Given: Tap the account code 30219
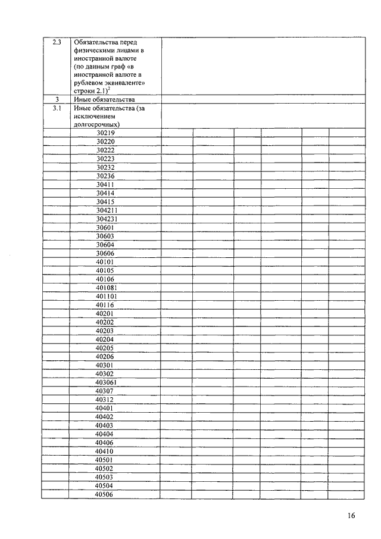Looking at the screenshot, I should (105, 133).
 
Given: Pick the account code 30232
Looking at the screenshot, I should (105, 168).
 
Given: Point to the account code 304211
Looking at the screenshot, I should (107, 210).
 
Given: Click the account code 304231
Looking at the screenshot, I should (107, 219).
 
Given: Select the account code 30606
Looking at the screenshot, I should (105, 253).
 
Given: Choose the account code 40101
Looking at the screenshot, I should (105, 262).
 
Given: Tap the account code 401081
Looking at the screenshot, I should (107, 288).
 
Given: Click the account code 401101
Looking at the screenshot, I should (107, 296).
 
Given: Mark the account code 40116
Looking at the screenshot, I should (105, 305).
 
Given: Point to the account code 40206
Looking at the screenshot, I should (105, 356).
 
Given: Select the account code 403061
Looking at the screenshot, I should (107, 382).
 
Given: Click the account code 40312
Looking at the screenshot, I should (105, 399).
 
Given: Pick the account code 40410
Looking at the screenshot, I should (105, 451).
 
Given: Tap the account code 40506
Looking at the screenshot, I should (105, 494).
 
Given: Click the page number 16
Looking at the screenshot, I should (351, 516).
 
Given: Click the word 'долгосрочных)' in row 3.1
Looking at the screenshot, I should (96, 125).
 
